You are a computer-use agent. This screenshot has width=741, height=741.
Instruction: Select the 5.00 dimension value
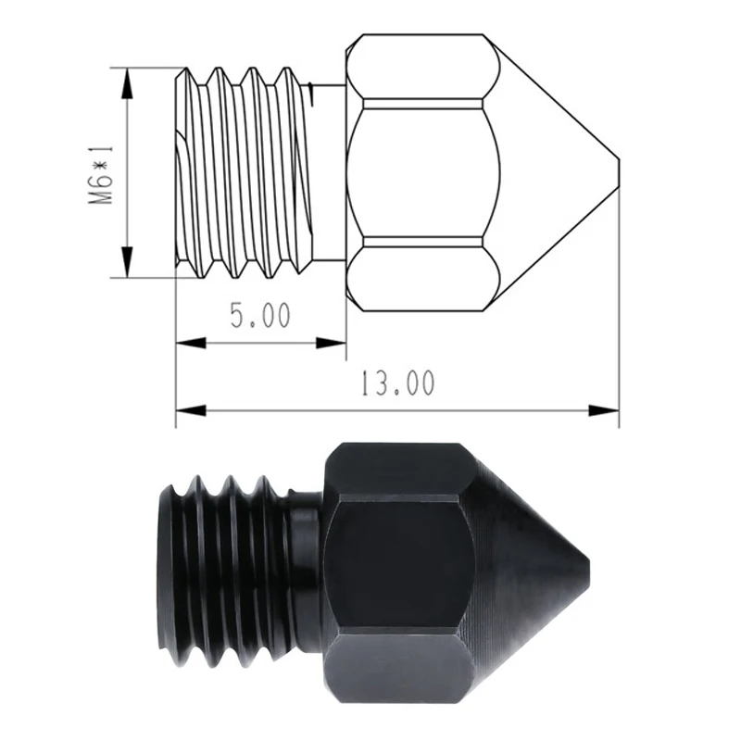(x=260, y=316)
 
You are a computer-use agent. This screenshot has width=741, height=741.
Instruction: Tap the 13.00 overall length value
(x=397, y=383)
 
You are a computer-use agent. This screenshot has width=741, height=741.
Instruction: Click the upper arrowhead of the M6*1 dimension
(x=126, y=83)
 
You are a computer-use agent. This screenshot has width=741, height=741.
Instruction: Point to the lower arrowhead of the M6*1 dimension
(x=126, y=262)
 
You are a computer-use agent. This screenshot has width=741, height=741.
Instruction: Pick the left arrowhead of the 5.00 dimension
(x=191, y=344)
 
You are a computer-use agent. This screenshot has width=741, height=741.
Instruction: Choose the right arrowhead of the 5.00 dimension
(x=331, y=344)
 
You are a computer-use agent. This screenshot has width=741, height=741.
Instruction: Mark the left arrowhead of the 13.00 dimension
(x=191, y=410)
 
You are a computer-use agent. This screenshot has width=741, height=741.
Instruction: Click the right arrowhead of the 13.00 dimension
(x=604, y=410)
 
